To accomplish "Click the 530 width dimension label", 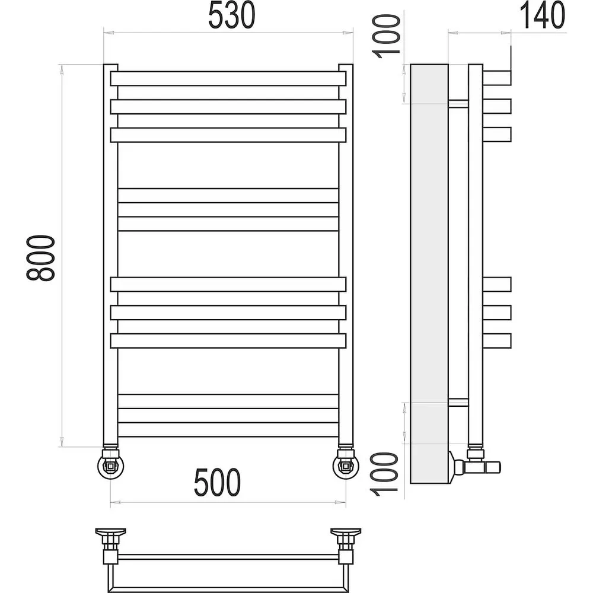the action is [x=232, y=15].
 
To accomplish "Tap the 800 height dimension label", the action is [x=40, y=257].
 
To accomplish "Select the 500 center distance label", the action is [x=217, y=483].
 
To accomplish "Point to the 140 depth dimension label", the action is [x=543, y=15].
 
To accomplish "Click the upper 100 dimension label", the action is [x=387, y=36].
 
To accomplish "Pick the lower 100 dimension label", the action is [x=385, y=474].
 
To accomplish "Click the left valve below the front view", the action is [x=110, y=463].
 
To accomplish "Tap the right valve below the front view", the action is [x=346, y=463].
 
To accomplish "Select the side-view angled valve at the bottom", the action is [x=474, y=465].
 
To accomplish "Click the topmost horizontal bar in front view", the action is [x=228, y=79].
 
